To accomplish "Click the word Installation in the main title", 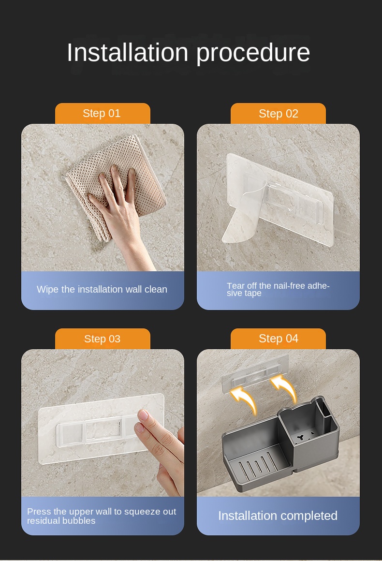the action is [127, 52].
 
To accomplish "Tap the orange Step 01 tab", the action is [103, 114].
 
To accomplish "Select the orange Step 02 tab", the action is [278, 114].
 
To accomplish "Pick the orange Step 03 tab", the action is [103, 339].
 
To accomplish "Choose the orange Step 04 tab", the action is [278, 339].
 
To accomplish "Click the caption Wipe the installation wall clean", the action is [102, 289].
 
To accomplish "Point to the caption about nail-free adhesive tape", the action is [278, 289].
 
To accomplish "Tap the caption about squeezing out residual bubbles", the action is [102, 516].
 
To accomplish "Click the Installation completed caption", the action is [278, 516].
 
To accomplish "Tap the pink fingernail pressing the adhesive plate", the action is [143, 415].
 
